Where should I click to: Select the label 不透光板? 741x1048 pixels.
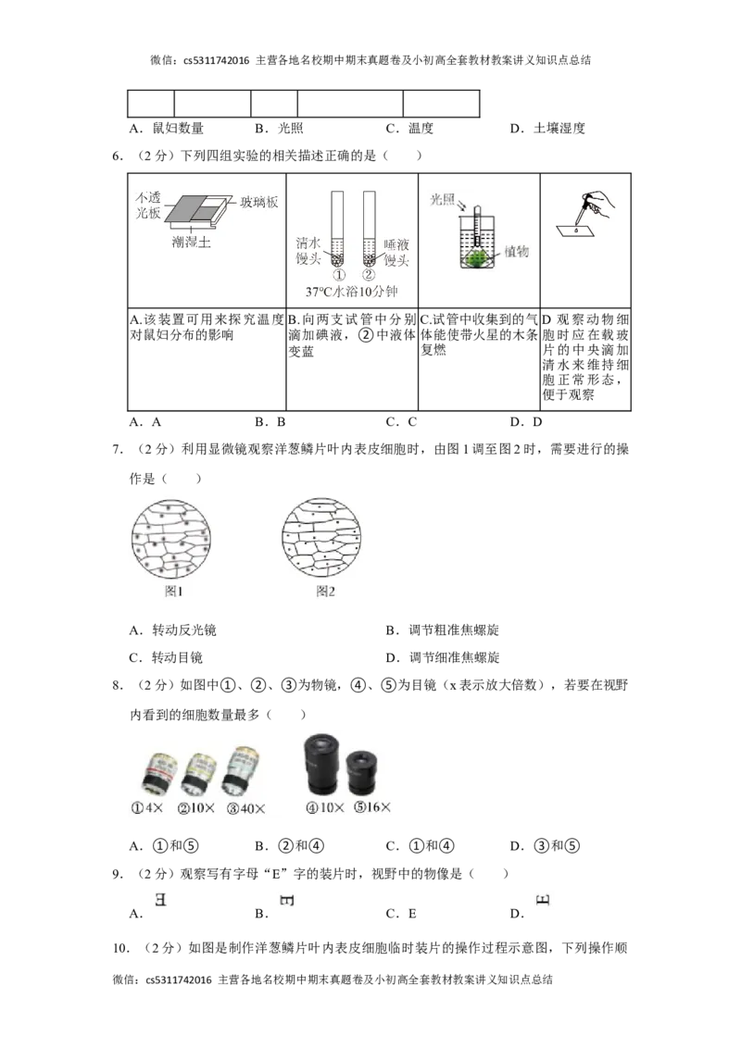(147, 205)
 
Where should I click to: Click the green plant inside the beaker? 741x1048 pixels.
(478, 258)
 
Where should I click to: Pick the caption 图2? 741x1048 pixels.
(325, 591)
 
